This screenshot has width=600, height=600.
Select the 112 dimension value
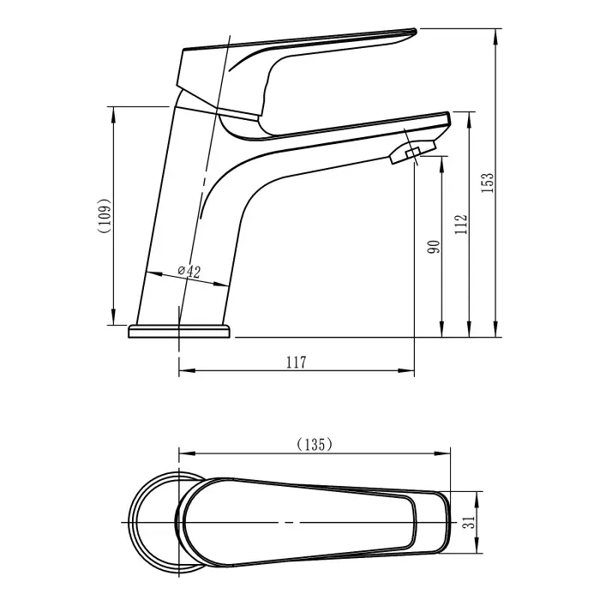[x=461, y=225]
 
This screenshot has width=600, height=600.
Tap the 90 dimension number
[x=434, y=247]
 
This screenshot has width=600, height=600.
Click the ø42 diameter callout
[x=189, y=272]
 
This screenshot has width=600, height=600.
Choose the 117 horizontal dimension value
[x=295, y=362]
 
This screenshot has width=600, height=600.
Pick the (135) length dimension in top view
[x=314, y=444]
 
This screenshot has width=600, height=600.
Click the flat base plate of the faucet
[x=179, y=332]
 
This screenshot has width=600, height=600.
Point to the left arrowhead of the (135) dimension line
[x=182, y=454]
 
